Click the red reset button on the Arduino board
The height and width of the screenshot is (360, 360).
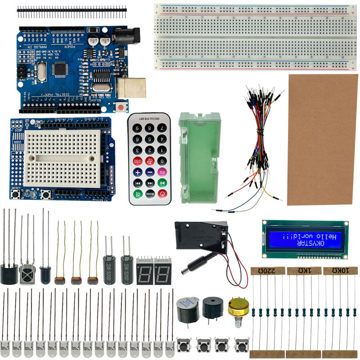[121, 107]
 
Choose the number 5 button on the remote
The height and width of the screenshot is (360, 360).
[150, 139]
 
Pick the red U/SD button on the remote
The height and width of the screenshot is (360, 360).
[138, 161]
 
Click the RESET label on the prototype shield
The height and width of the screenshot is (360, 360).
[16, 188]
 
